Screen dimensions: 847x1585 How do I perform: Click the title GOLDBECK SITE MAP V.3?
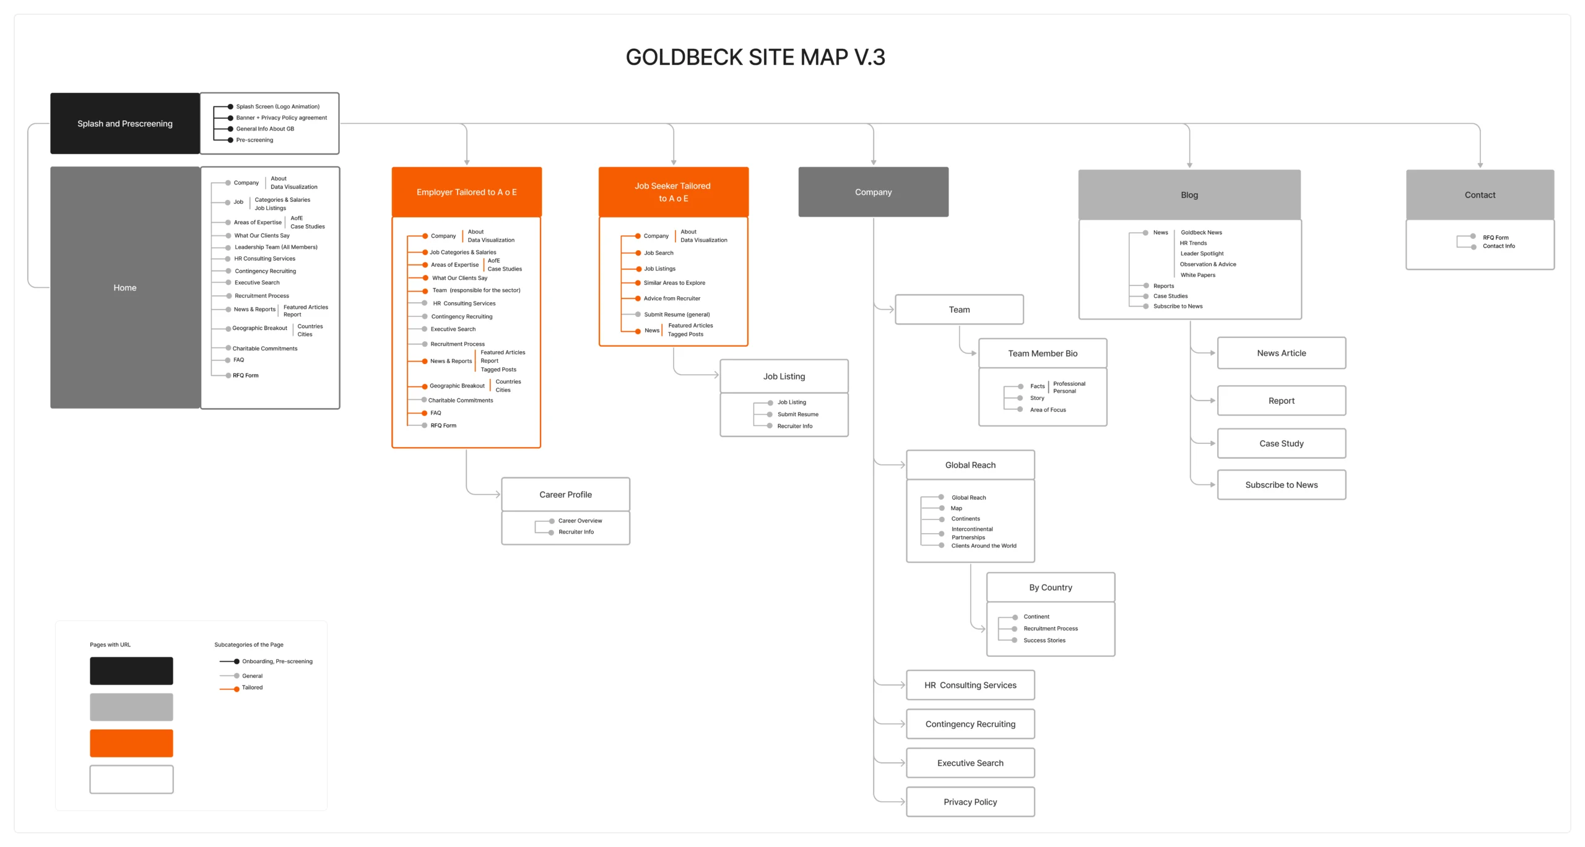click(x=755, y=57)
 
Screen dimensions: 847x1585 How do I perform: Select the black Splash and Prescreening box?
click(x=124, y=123)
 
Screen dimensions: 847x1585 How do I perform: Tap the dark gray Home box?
click(x=124, y=287)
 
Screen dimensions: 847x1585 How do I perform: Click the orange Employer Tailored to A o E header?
click(x=466, y=192)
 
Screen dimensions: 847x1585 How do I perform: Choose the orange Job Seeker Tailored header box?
click(x=673, y=192)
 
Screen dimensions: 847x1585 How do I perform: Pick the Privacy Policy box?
click(x=970, y=802)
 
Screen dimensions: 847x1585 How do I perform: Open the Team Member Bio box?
click(x=1042, y=353)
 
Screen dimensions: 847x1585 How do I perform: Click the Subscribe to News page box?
click(x=1281, y=485)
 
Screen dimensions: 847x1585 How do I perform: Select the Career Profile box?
click(x=565, y=494)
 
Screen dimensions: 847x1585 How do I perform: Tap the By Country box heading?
click(x=1050, y=587)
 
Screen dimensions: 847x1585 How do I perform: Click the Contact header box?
click(x=1479, y=194)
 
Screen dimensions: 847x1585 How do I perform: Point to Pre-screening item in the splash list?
click(x=254, y=140)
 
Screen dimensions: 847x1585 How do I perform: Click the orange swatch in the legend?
click(x=131, y=743)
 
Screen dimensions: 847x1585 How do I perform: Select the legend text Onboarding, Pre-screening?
click(x=277, y=661)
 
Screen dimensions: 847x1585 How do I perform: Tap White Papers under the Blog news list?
click(x=1197, y=275)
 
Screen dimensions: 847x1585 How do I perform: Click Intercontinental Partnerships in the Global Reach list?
click(x=971, y=533)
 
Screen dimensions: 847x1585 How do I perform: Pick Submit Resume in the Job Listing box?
click(x=797, y=414)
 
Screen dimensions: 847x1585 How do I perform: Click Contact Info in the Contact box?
click(x=1498, y=246)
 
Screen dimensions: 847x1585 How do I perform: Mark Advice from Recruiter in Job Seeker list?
click(x=672, y=298)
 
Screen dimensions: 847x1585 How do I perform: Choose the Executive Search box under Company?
click(x=970, y=763)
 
